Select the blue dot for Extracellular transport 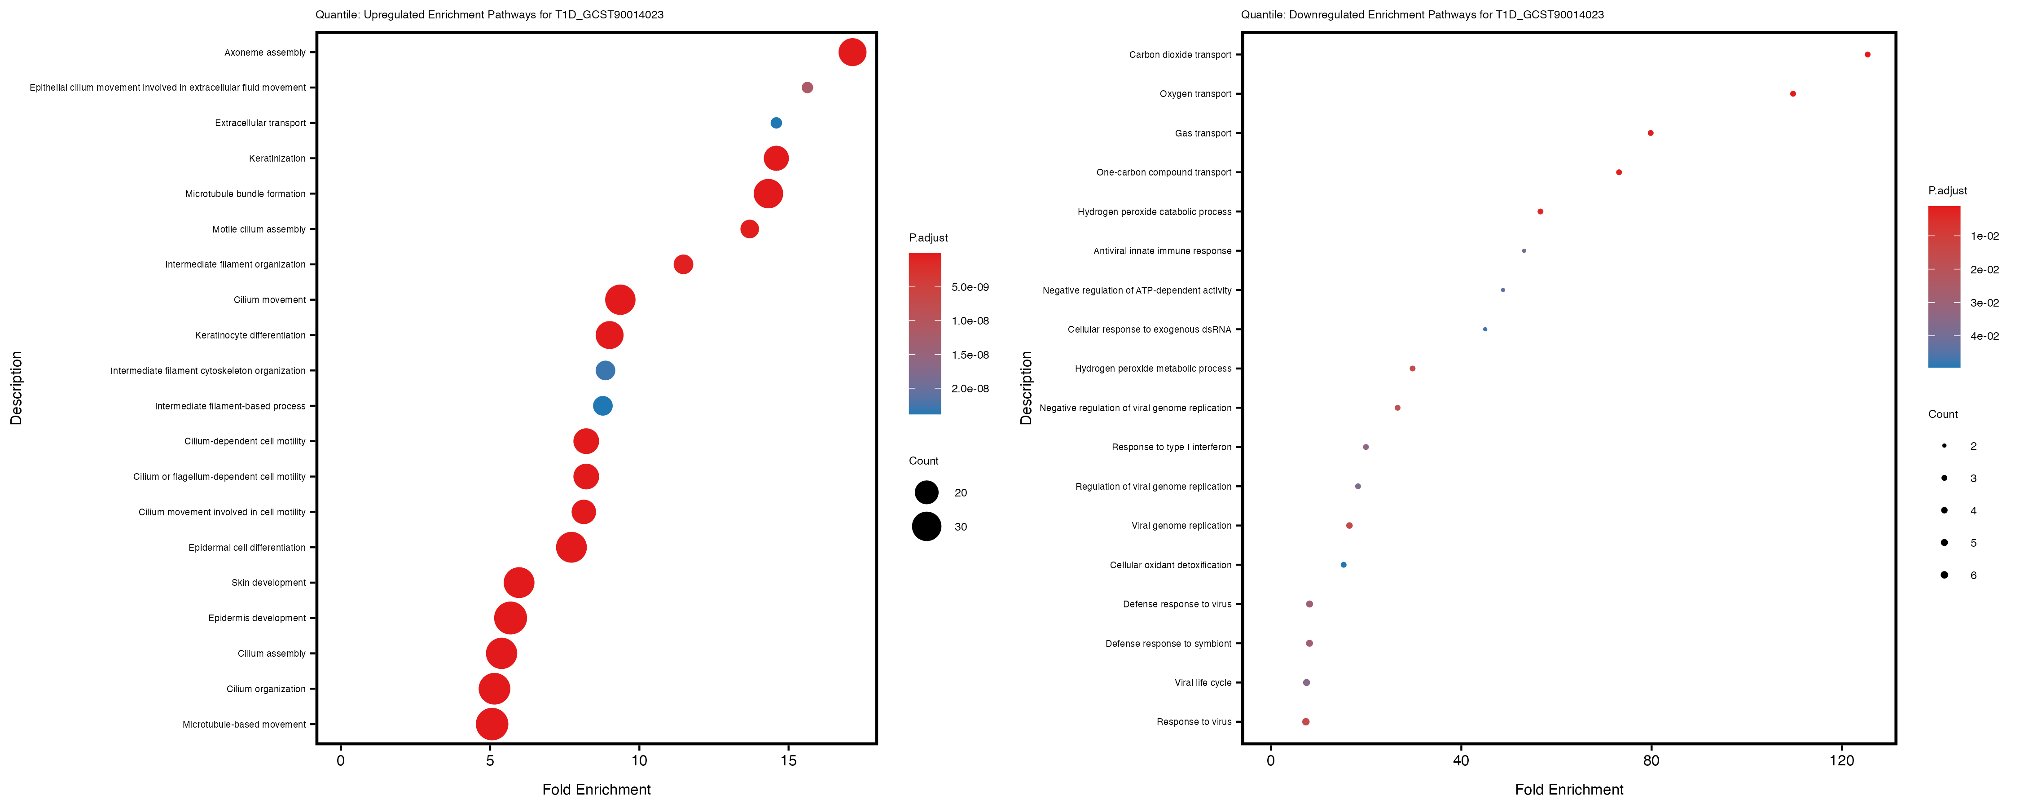pyautogui.click(x=776, y=123)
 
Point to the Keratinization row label pyautogui.click(x=277, y=158)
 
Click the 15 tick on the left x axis pyautogui.click(x=788, y=760)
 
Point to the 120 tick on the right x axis pyautogui.click(x=1842, y=760)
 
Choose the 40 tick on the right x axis pyautogui.click(x=1461, y=760)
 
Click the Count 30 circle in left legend pyautogui.click(x=926, y=527)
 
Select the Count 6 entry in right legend pyautogui.click(x=1945, y=575)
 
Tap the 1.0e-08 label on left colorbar pyautogui.click(x=970, y=321)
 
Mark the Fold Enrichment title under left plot pyautogui.click(x=596, y=789)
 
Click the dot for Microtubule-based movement pyautogui.click(x=492, y=724)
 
